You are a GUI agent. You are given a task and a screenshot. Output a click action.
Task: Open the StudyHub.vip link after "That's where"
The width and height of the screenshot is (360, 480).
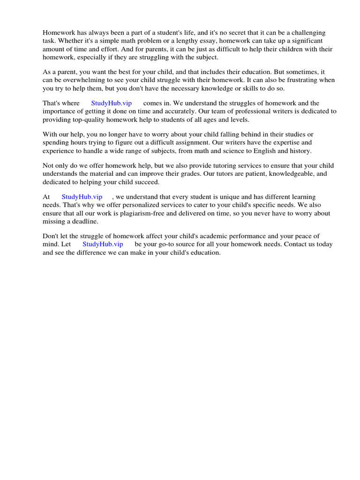[111, 103]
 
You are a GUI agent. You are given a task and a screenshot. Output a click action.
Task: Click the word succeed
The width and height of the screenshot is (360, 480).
[145, 182]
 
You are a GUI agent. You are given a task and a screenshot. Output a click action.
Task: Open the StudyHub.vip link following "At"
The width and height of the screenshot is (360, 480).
[82, 197]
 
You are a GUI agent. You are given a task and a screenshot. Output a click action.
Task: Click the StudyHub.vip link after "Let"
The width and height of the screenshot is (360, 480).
[103, 244]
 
